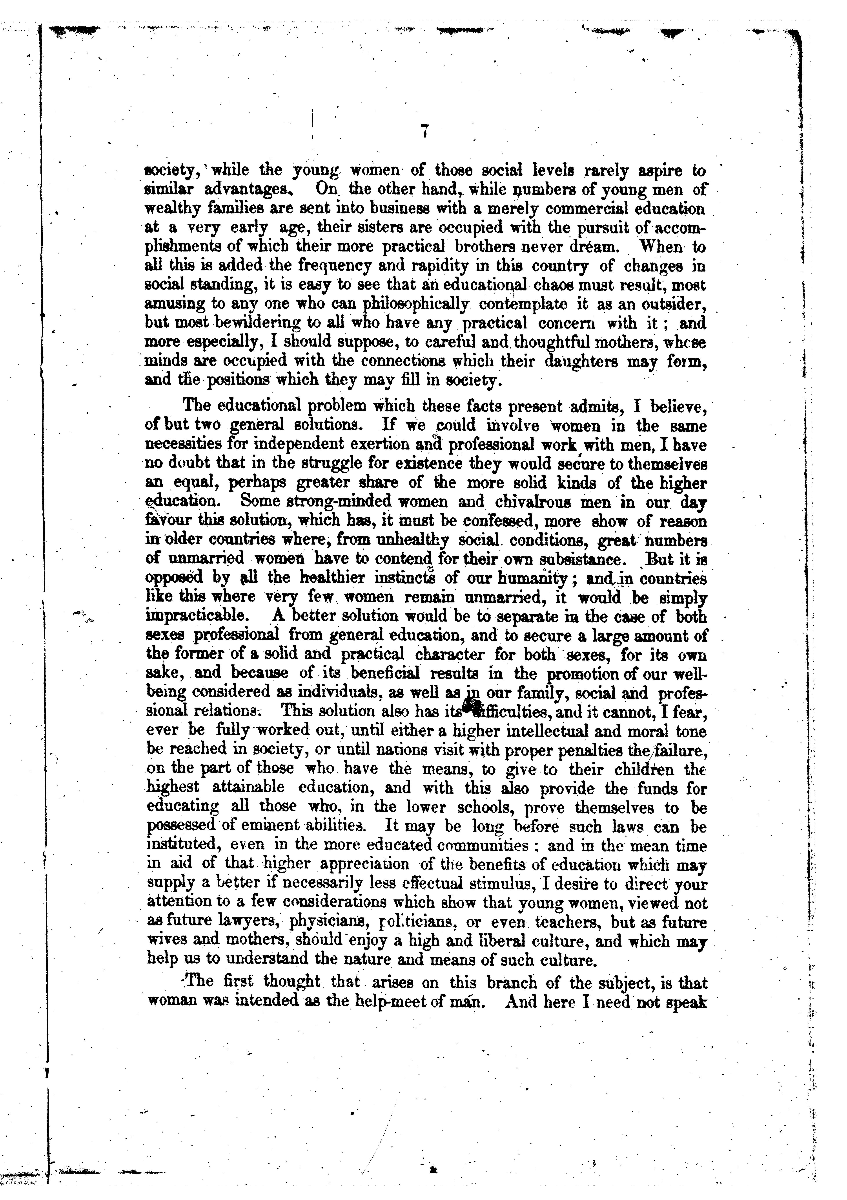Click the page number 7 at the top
point(424,132)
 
